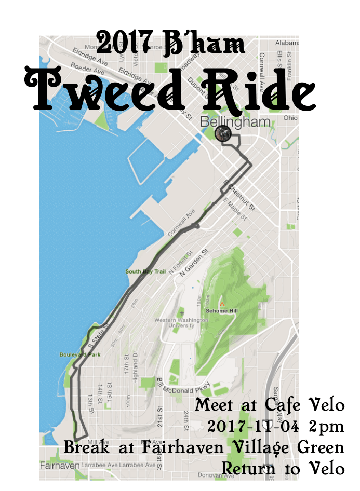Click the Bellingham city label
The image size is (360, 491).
pyautogui.click(x=235, y=122)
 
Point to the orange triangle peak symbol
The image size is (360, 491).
pyautogui.click(x=222, y=304)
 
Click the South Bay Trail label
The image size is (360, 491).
pyautogui.click(x=142, y=271)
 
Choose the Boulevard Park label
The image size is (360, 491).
pyautogui.click(x=79, y=355)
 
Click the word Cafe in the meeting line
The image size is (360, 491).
pyautogui.click(x=284, y=405)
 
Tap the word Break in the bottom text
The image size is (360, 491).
pyautogui.click(x=86, y=447)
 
